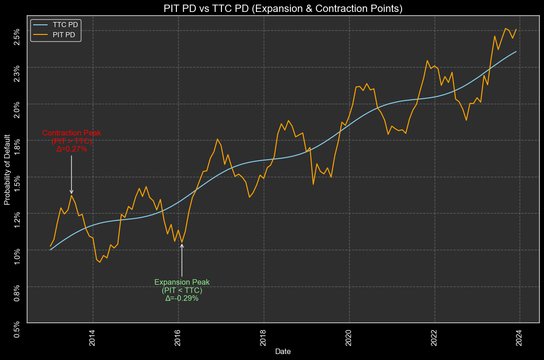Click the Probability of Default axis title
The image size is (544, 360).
(x=7, y=169)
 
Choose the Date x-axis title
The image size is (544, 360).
(x=283, y=351)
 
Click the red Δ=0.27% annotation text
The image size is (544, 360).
(x=72, y=149)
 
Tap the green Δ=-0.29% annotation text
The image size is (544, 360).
(x=182, y=298)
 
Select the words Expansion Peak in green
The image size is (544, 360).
(x=182, y=282)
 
